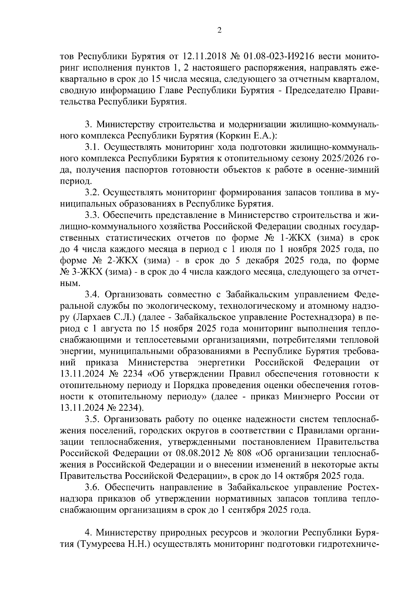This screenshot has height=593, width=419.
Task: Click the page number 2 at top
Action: pos(219,31)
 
